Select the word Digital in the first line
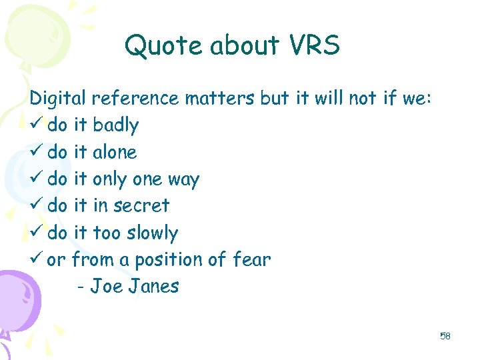coord(57,99)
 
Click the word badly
coord(116,125)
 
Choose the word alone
coord(115,152)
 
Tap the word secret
coord(141,206)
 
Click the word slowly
coord(154,233)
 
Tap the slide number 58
coord(445,336)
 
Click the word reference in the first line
coord(136,99)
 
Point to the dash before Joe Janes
coord(81,287)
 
